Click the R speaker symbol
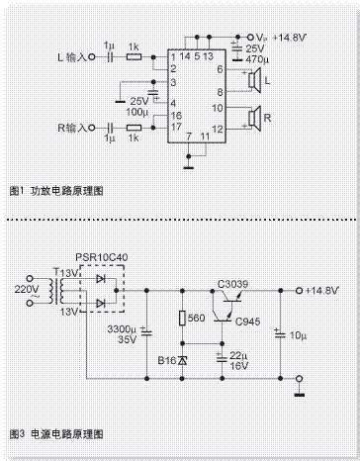coord(253,119)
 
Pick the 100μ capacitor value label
coord(132,113)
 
